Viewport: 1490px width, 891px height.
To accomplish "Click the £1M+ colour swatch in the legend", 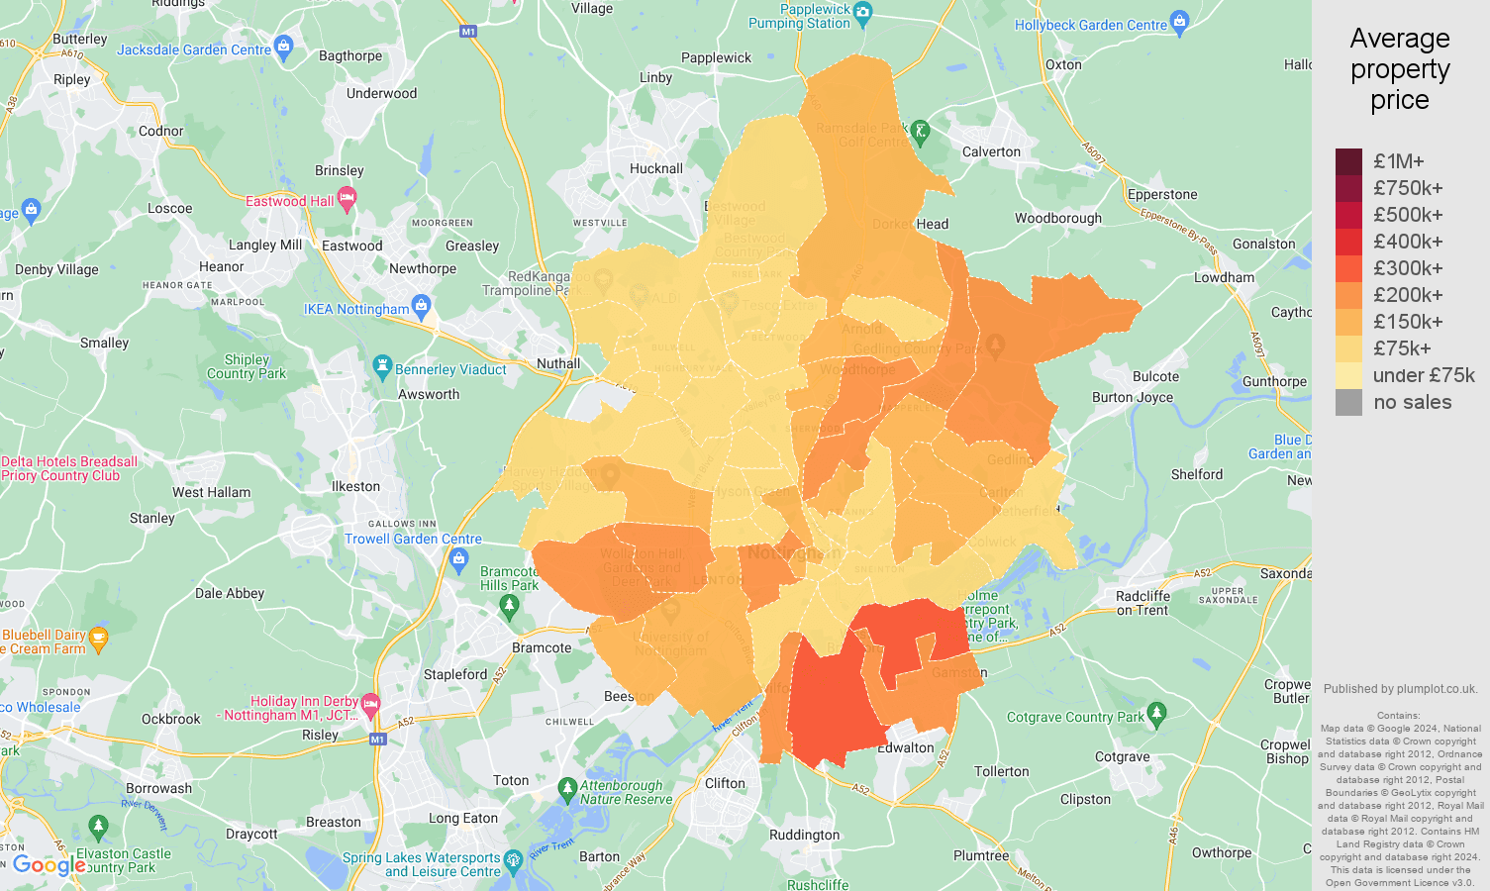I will point(1348,161).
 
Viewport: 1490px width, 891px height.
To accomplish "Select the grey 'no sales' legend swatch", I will point(1348,402).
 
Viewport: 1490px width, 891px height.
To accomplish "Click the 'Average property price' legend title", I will point(1399,69).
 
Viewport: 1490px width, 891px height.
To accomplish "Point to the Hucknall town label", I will point(656,168).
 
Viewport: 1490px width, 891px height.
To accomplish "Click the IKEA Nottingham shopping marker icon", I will point(421,305).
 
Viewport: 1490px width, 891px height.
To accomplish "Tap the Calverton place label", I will point(991,151).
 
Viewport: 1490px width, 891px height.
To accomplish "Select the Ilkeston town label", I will point(355,486).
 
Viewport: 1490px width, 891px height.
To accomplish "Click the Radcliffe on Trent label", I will point(1142,603).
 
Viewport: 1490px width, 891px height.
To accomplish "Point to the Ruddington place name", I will point(804,835).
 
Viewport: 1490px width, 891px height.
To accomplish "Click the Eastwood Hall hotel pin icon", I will point(347,199).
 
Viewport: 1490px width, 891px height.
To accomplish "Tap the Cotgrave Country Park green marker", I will point(1157,713).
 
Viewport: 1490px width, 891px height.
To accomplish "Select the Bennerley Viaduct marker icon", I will point(382,366).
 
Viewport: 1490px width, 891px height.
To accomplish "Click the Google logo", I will point(50,866).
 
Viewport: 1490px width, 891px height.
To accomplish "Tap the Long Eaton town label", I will point(462,818).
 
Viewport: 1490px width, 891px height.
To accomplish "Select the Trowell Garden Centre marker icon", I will point(458,560).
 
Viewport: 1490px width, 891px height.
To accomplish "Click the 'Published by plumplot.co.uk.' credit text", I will point(1400,689).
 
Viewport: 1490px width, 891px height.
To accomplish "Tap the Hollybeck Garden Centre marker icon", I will point(1179,21).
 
